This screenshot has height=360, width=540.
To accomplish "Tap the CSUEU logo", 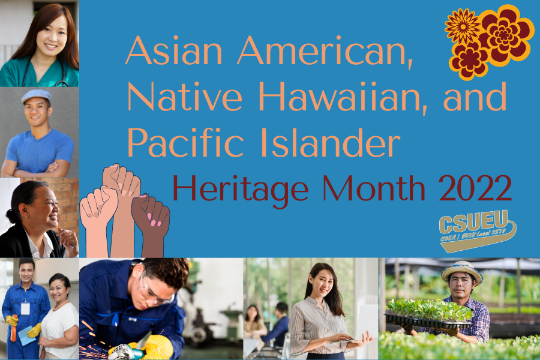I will click(477, 229).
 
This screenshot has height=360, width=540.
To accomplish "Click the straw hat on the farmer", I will click(462, 272).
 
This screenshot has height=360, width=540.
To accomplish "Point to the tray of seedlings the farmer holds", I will click(427, 314).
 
